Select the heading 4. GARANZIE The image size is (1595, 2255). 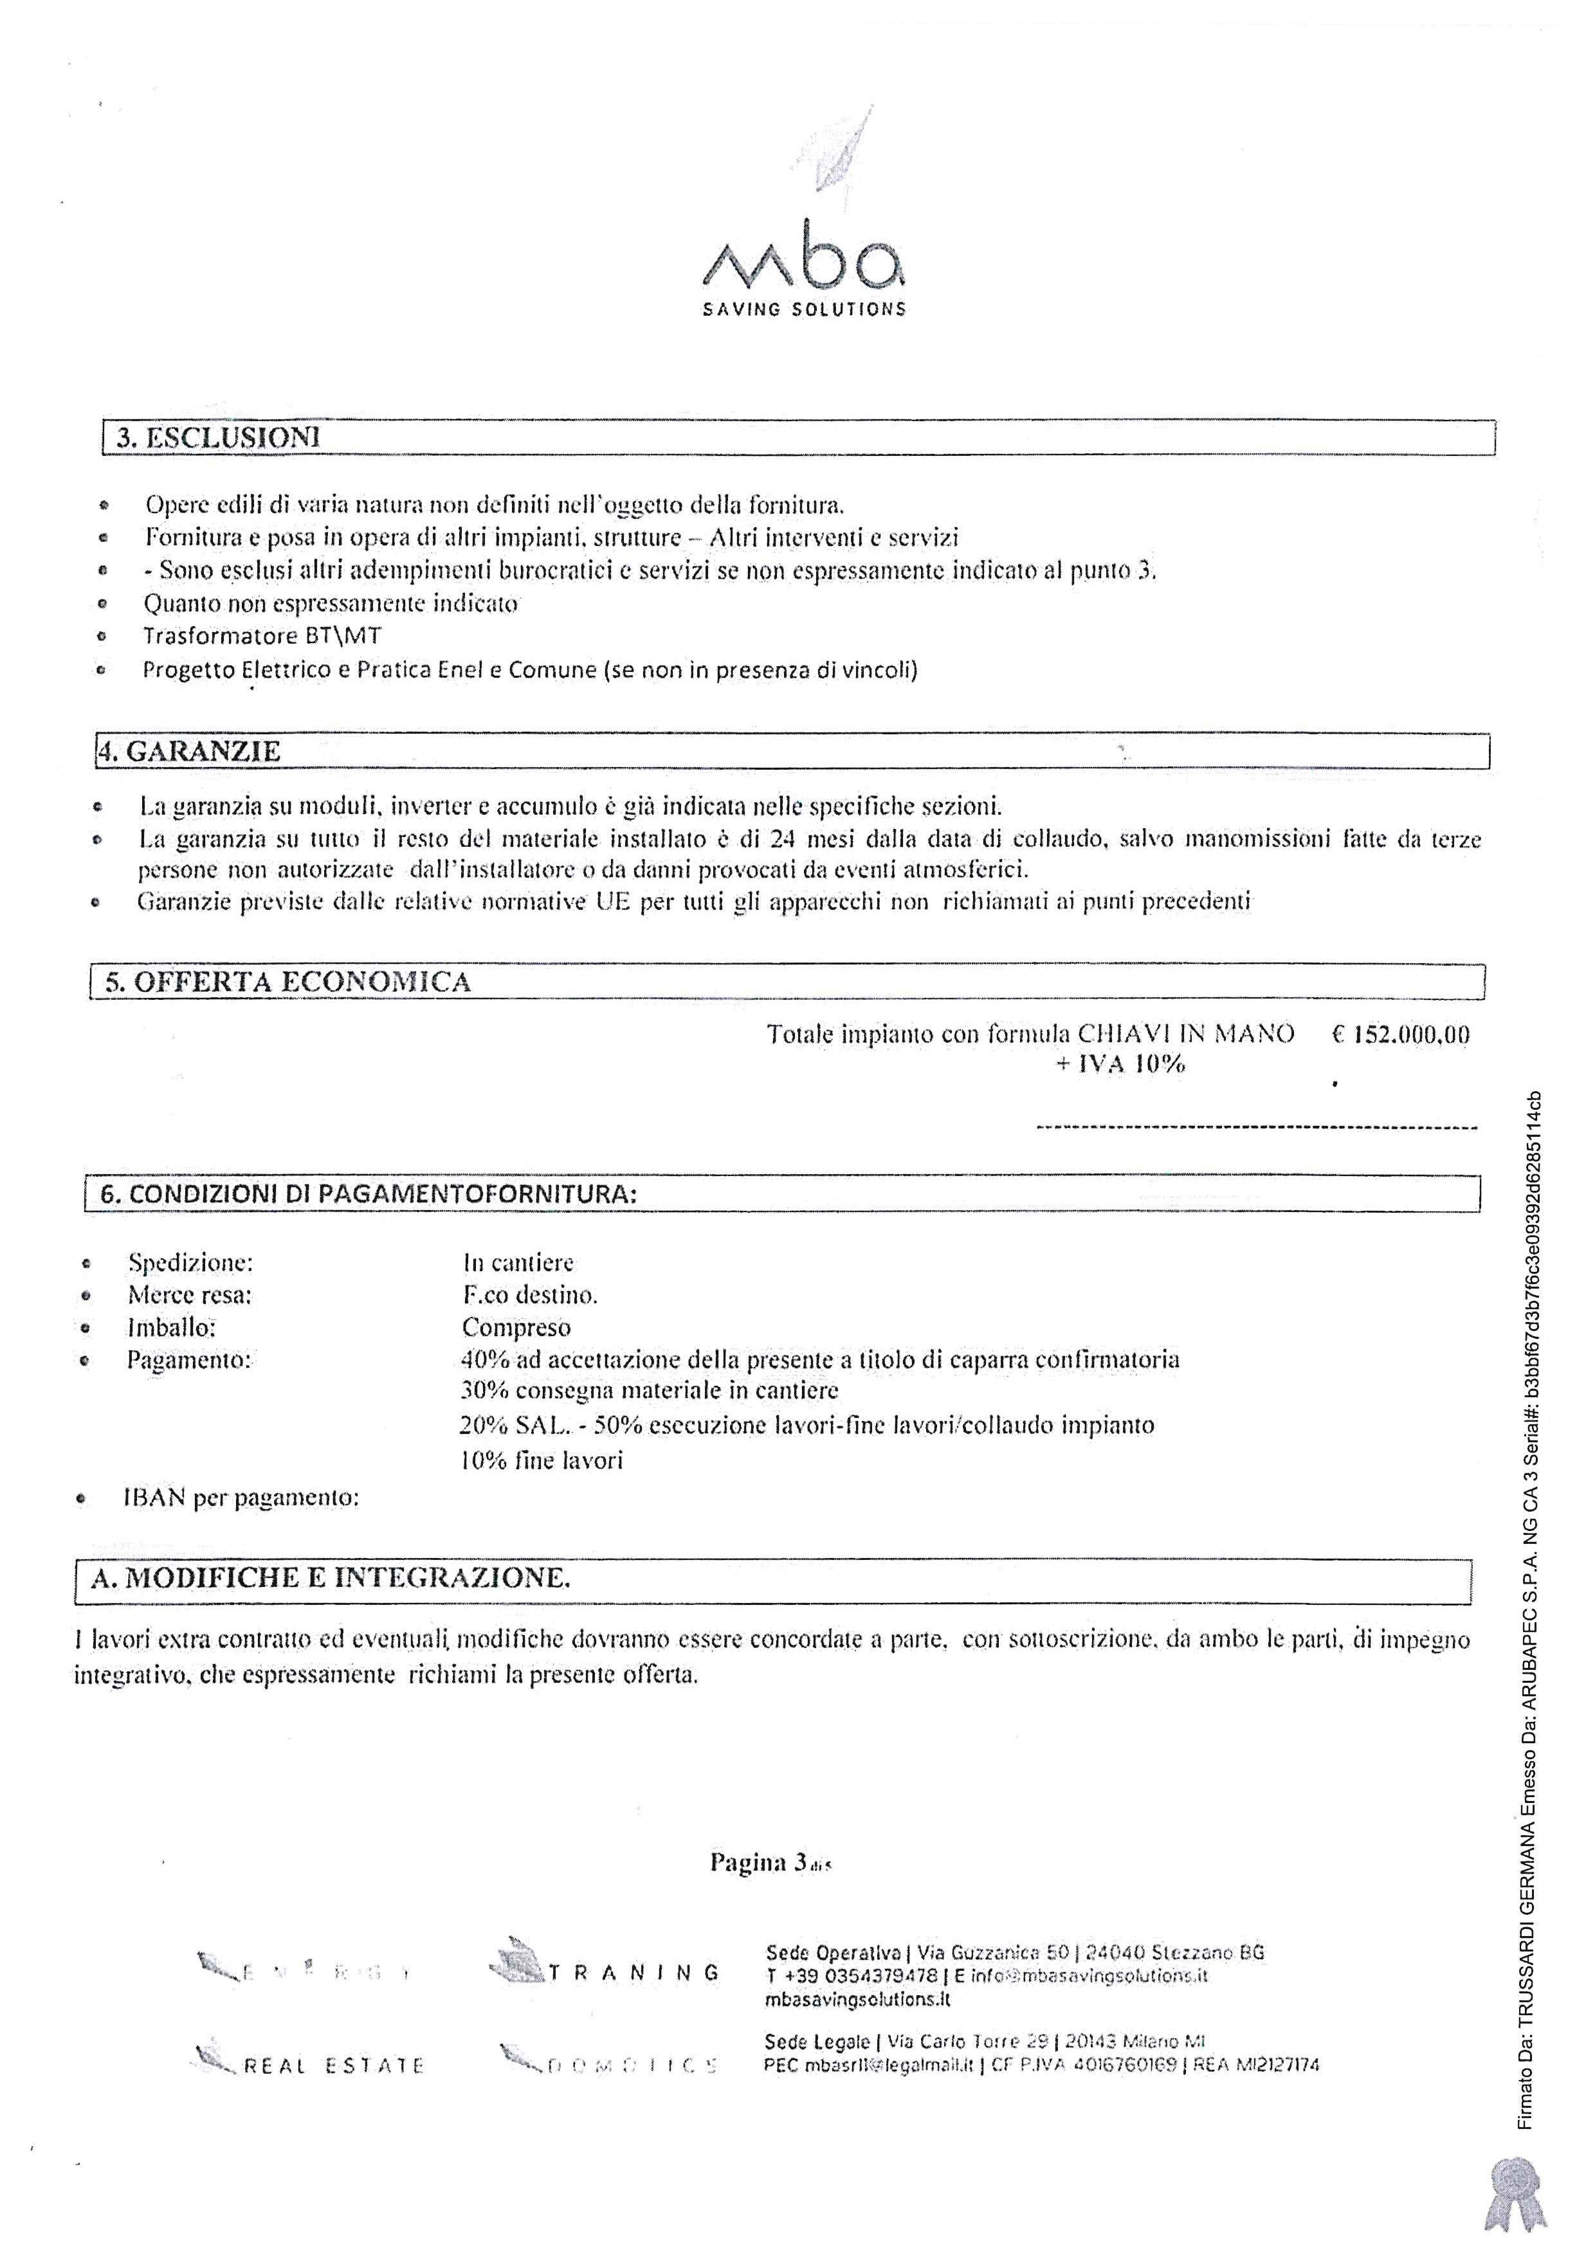pyautogui.click(x=190, y=751)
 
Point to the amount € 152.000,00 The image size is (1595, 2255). pyautogui.click(x=1401, y=1034)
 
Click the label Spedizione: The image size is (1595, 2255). pyautogui.click(x=190, y=1262)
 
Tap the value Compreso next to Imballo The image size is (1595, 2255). pyautogui.click(x=516, y=1328)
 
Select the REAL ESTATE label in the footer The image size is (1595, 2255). pyautogui.click(x=333, y=2065)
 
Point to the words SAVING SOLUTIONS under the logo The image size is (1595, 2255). pyautogui.click(x=803, y=309)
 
